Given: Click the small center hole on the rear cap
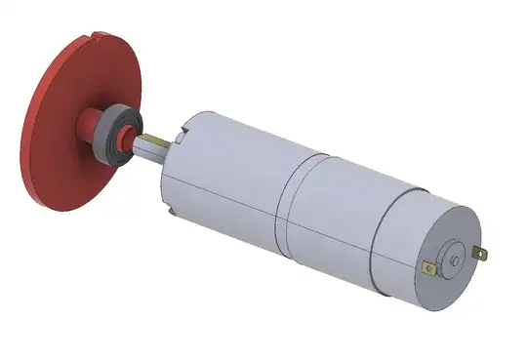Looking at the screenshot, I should click(x=455, y=260).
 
